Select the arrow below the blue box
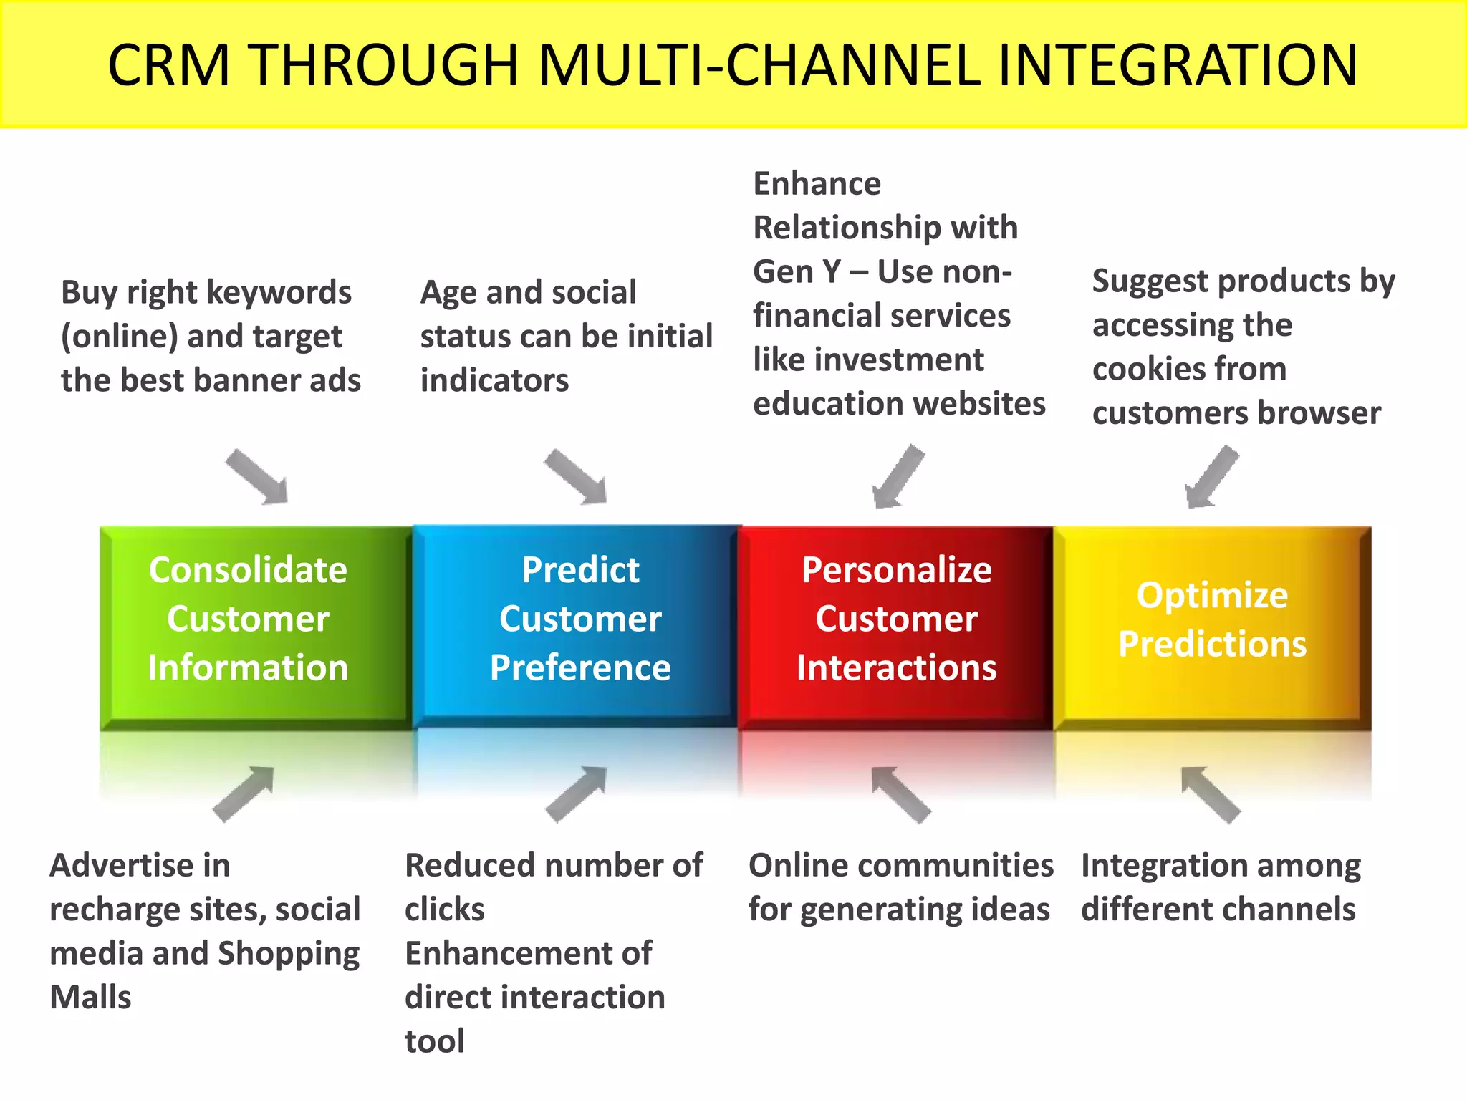tap(577, 793)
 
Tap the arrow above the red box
tap(898, 477)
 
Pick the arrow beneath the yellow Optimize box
tap(1210, 794)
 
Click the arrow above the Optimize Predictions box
tap(1211, 477)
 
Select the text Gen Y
tap(797, 272)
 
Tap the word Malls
tap(91, 998)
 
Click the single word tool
tap(434, 1041)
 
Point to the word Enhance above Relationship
tap(817, 184)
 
